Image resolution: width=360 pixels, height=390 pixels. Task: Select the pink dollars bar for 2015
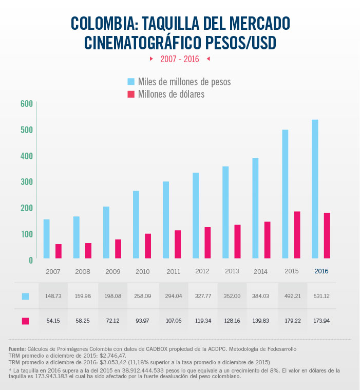coord(297,235)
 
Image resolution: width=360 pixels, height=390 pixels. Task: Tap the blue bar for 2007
coord(47,239)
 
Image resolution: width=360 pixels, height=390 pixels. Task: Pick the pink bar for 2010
coord(148,246)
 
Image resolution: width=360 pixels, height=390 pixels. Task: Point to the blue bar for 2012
coord(196,215)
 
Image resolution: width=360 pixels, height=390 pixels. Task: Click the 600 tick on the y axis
coord(27,104)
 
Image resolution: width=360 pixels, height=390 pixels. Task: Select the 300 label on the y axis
coord(27,182)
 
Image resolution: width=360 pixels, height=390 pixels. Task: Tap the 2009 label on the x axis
coord(113,271)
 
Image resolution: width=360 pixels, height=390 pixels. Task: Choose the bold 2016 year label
coord(321,271)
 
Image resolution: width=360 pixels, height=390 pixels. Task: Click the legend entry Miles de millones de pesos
coord(179,82)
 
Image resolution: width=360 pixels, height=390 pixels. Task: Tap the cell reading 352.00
coord(232,296)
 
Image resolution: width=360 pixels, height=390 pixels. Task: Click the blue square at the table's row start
coord(25,296)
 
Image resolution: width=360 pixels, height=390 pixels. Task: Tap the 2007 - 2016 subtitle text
coord(179,59)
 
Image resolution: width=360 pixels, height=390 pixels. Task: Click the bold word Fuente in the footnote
coord(17,349)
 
